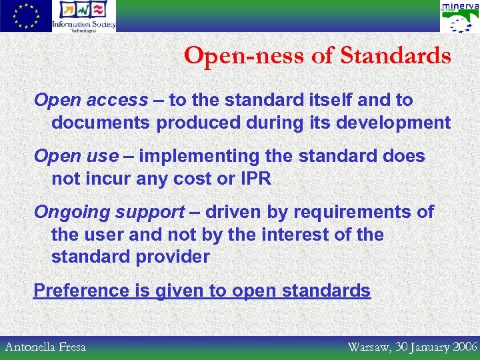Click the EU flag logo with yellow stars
(x=25, y=16)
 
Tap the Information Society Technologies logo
(x=84, y=16)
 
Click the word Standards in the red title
(x=395, y=56)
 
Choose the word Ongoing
(x=72, y=213)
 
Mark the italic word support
(x=150, y=213)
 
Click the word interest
(x=299, y=235)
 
